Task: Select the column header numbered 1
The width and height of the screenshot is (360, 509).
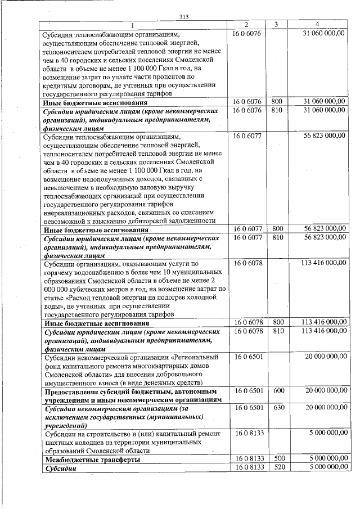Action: point(133,25)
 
